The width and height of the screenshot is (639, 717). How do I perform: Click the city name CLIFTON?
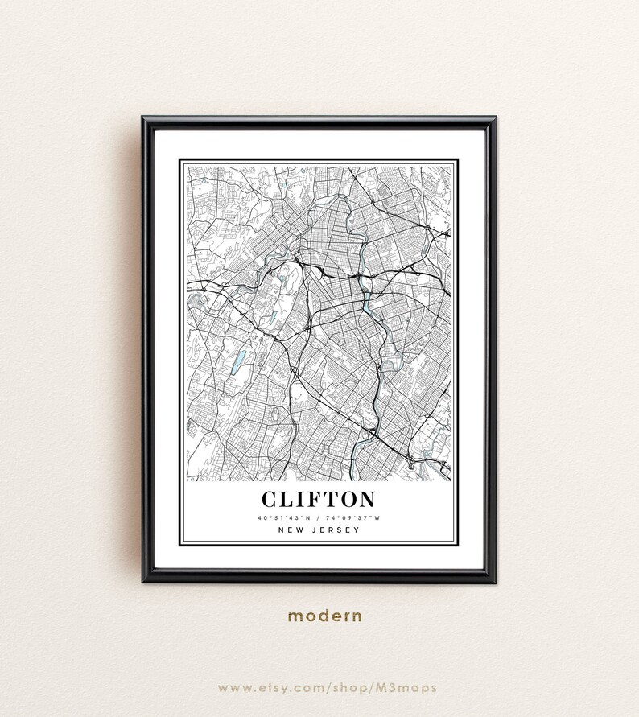[x=319, y=499]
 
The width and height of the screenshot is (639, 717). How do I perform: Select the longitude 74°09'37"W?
[x=352, y=517]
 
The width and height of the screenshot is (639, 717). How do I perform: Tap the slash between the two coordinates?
[x=319, y=517]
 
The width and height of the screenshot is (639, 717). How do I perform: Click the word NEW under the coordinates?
[x=291, y=530]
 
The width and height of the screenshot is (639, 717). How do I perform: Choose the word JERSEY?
[x=336, y=530]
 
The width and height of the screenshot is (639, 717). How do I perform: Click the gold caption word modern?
[x=325, y=616]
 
